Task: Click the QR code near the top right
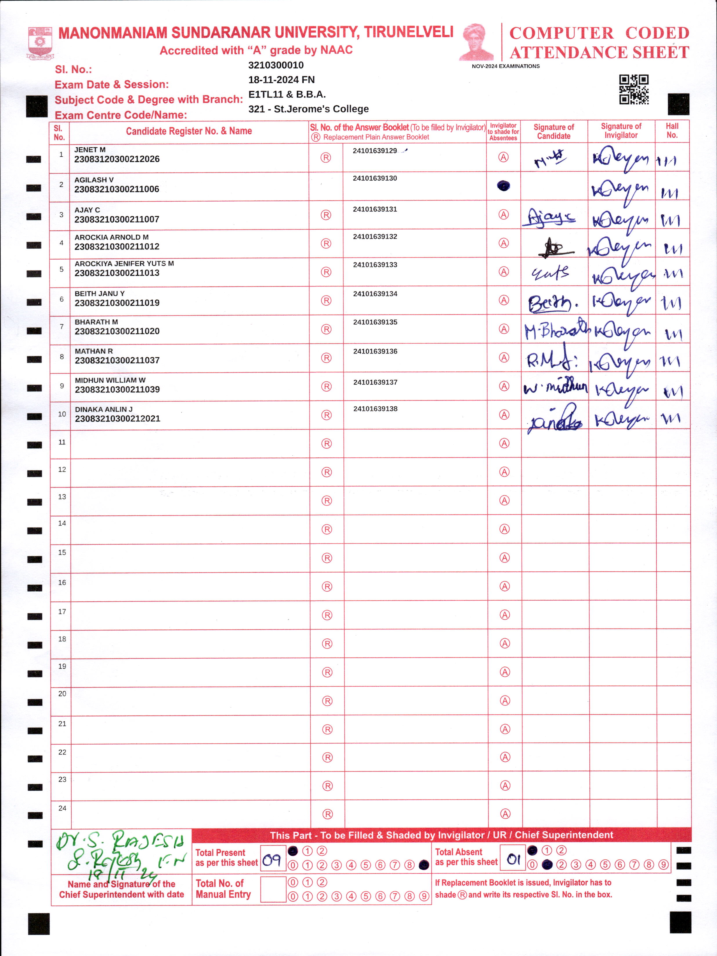pyautogui.click(x=633, y=89)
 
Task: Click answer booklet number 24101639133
pyautogui.click(x=375, y=265)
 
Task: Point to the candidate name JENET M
pyautogui.click(x=90, y=150)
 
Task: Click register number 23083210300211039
pyautogui.click(x=117, y=390)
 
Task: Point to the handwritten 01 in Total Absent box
pyautogui.click(x=513, y=860)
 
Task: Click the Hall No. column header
pyautogui.click(x=672, y=131)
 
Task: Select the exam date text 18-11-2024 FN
pyautogui.click(x=281, y=79)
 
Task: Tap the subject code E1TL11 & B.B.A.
pyautogui.click(x=287, y=94)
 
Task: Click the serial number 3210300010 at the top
pyautogui.click(x=276, y=65)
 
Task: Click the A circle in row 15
pyautogui.click(x=504, y=557)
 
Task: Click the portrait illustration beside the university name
pyautogui.click(x=477, y=42)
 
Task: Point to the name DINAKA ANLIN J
pyautogui.click(x=104, y=409)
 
